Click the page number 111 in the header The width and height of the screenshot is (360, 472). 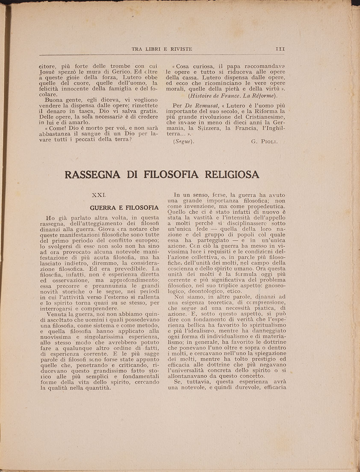[x=280, y=49]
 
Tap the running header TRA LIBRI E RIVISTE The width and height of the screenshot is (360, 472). [x=162, y=49]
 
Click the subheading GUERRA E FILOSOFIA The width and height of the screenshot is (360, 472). [x=118, y=208]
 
